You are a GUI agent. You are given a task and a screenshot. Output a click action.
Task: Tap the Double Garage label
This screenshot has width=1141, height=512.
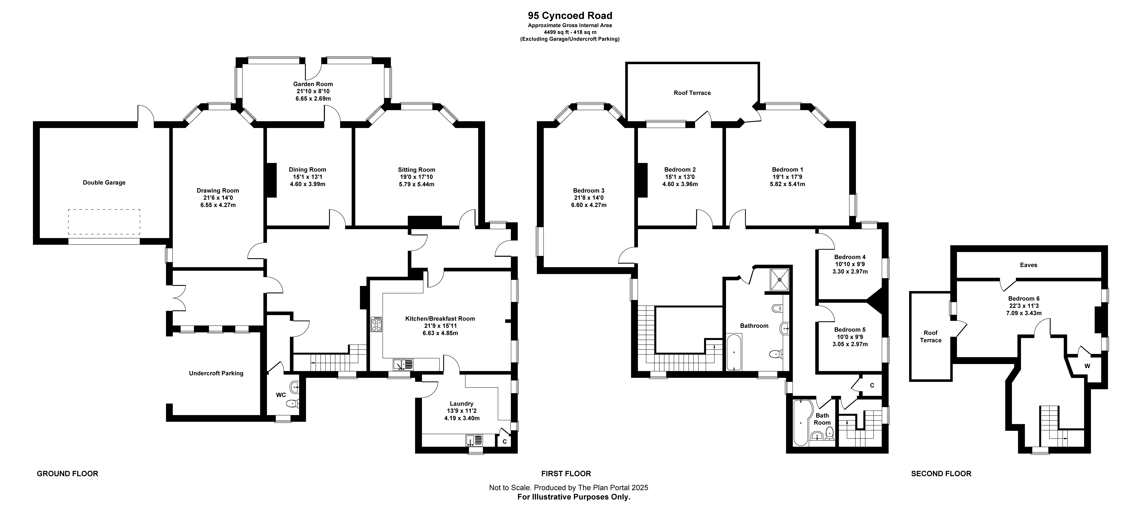click(104, 183)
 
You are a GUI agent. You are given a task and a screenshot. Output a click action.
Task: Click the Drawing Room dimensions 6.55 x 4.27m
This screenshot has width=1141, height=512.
click(218, 205)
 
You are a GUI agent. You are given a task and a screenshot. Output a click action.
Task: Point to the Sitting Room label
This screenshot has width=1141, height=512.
click(416, 170)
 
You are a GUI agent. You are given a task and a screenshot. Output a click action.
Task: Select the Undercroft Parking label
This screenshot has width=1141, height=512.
click(216, 373)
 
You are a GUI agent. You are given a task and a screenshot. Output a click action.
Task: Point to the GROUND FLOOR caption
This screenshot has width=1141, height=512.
click(67, 473)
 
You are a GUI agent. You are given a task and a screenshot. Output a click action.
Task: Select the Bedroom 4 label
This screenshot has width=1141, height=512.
click(849, 257)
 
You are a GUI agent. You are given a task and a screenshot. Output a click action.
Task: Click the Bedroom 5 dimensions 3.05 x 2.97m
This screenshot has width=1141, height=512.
click(849, 344)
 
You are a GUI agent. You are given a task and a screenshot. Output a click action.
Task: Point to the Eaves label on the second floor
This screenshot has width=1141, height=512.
click(1029, 265)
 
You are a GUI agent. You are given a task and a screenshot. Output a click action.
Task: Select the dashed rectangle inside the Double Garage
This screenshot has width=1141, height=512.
click(104, 222)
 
